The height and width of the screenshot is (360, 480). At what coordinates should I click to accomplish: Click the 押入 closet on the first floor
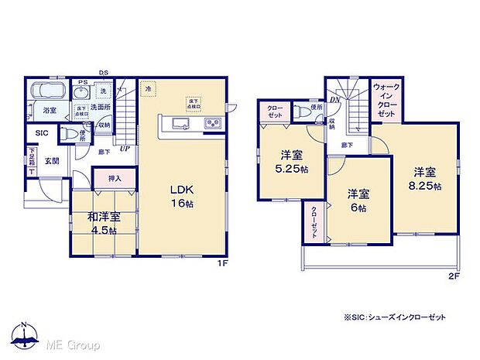pyautogui.click(x=115, y=179)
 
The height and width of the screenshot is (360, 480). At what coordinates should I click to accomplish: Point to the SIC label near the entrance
pyautogui.click(x=39, y=134)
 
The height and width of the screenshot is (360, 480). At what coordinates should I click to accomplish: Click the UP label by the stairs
pyautogui.click(x=124, y=148)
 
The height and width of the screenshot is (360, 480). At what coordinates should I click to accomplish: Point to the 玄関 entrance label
pyautogui.click(x=51, y=161)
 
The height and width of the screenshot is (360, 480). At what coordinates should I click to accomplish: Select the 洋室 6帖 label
pyautogui.click(x=358, y=199)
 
